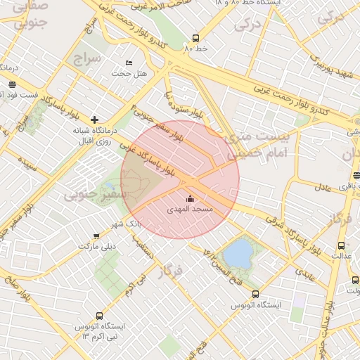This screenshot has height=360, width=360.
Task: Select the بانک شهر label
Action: (x=126, y=223)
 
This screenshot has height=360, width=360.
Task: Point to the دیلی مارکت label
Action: (x=96, y=247)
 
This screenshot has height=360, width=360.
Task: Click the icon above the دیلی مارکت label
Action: (x=96, y=236)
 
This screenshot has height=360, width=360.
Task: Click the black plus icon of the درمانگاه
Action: (x=95, y=120)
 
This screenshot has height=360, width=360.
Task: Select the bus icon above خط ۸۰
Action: (x=195, y=39)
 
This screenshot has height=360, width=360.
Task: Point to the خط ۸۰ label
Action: (x=194, y=50)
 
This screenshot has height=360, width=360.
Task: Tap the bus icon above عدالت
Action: (x=341, y=245)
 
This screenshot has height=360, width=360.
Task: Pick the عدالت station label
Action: (x=341, y=256)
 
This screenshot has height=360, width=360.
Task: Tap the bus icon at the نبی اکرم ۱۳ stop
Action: (x=97, y=316)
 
